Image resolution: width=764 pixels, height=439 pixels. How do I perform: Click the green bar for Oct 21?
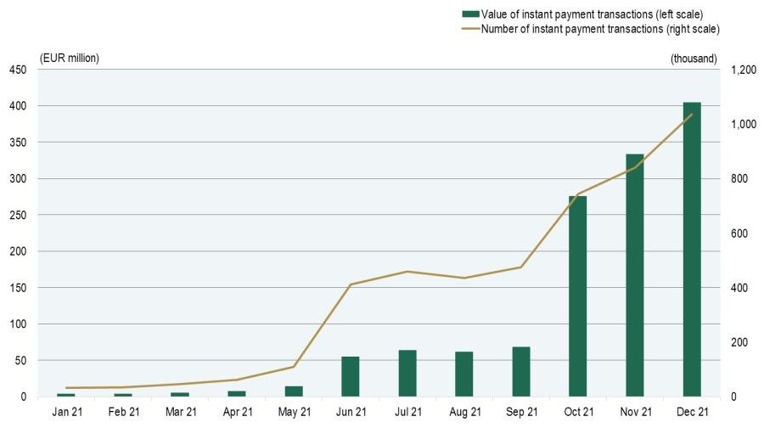pos(578,296)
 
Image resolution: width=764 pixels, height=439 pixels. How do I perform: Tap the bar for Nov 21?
pos(635,275)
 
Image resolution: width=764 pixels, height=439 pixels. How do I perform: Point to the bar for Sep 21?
pos(521,371)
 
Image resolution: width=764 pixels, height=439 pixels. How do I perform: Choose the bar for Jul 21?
pos(407,373)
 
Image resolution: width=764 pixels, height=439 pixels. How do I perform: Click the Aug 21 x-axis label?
pos(464,412)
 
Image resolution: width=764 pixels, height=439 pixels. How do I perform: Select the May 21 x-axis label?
pos(294,412)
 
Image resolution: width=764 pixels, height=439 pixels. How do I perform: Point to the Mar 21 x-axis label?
pos(180,412)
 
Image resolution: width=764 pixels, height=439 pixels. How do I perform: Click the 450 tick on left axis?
pos(18,70)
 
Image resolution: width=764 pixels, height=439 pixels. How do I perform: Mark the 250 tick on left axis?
pos(18,215)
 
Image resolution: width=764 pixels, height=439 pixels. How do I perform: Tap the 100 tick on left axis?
pos(18,324)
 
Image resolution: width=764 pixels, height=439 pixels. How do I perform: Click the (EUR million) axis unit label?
pos(70,58)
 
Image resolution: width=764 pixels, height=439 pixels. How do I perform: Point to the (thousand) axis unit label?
pos(694,58)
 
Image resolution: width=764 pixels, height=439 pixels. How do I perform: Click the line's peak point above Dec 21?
pos(692,114)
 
